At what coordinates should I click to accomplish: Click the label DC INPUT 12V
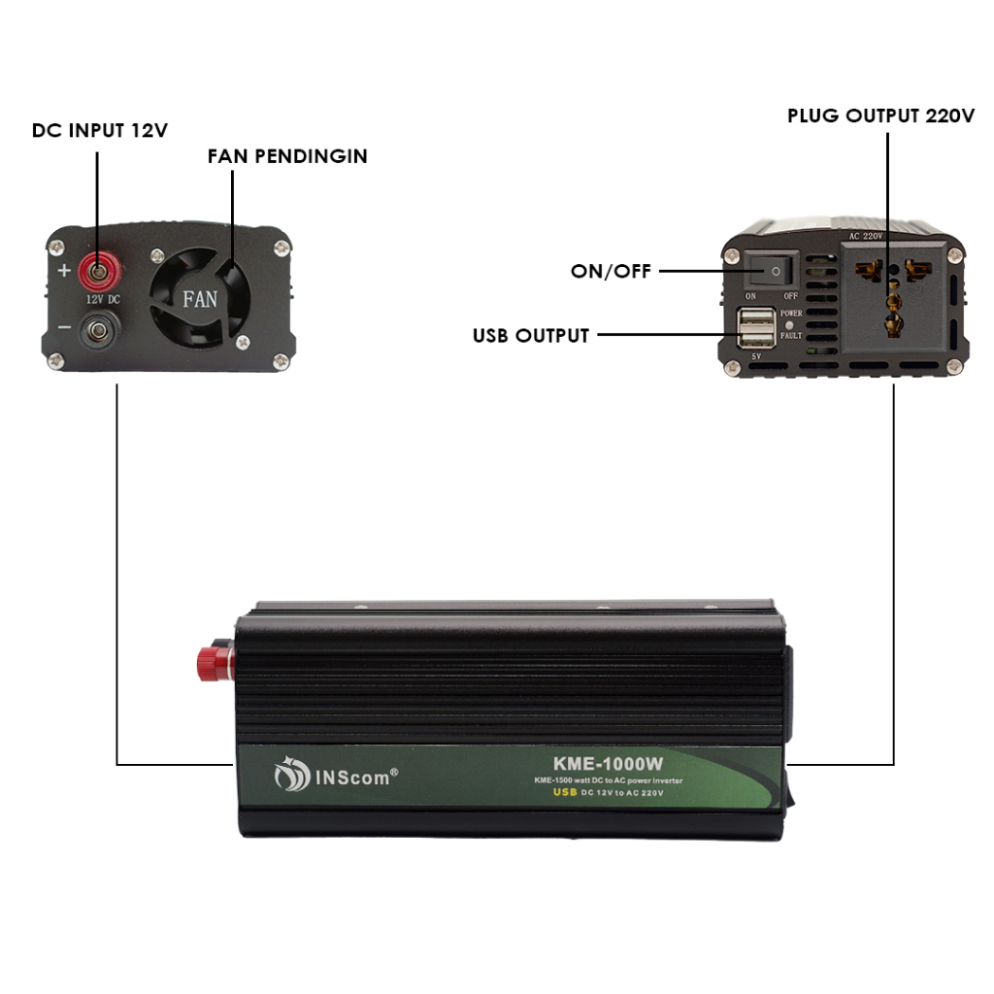click(100, 130)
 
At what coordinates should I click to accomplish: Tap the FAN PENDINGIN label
click(287, 156)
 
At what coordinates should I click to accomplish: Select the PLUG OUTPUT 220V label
click(880, 116)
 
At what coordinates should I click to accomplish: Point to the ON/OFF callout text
click(611, 272)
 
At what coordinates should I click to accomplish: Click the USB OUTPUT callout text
click(531, 336)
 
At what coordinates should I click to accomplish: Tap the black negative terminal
click(96, 332)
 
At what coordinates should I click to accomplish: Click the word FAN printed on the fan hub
click(201, 298)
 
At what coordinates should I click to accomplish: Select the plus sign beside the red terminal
click(64, 270)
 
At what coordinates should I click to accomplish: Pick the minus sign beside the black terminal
click(64, 327)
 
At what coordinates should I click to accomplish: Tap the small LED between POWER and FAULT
click(790, 324)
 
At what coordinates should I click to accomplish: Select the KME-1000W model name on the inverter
click(609, 764)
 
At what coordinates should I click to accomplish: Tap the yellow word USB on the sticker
click(565, 793)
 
